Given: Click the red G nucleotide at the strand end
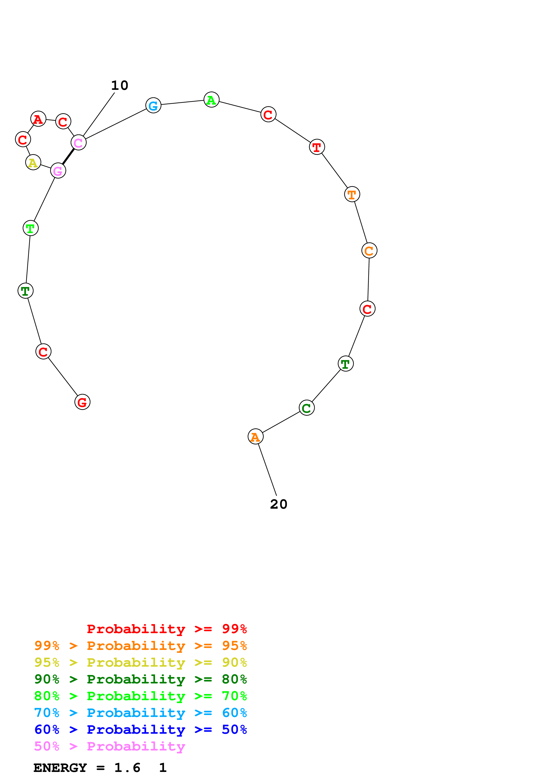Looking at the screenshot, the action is click(x=82, y=402).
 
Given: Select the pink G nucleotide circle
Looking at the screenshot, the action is click(x=58, y=171).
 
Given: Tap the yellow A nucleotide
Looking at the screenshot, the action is click(x=33, y=162).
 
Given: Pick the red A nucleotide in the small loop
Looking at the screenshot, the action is click(x=38, y=119).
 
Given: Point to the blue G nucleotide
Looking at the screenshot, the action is click(x=153, y=105).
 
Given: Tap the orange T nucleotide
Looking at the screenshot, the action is click(x=352, y=194).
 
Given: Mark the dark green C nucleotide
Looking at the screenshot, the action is click(x=307, y=408).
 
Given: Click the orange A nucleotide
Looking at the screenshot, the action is click(x=255, y=437).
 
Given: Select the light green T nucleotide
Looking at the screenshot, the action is click(x=30, y=228).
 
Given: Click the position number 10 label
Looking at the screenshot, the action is click(x=120, y=85).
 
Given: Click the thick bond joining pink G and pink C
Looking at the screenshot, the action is click(x=68, y=157).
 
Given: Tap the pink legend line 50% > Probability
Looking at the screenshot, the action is click(x=109, y=746).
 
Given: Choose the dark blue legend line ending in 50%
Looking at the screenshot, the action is click(x=140, y=730).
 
